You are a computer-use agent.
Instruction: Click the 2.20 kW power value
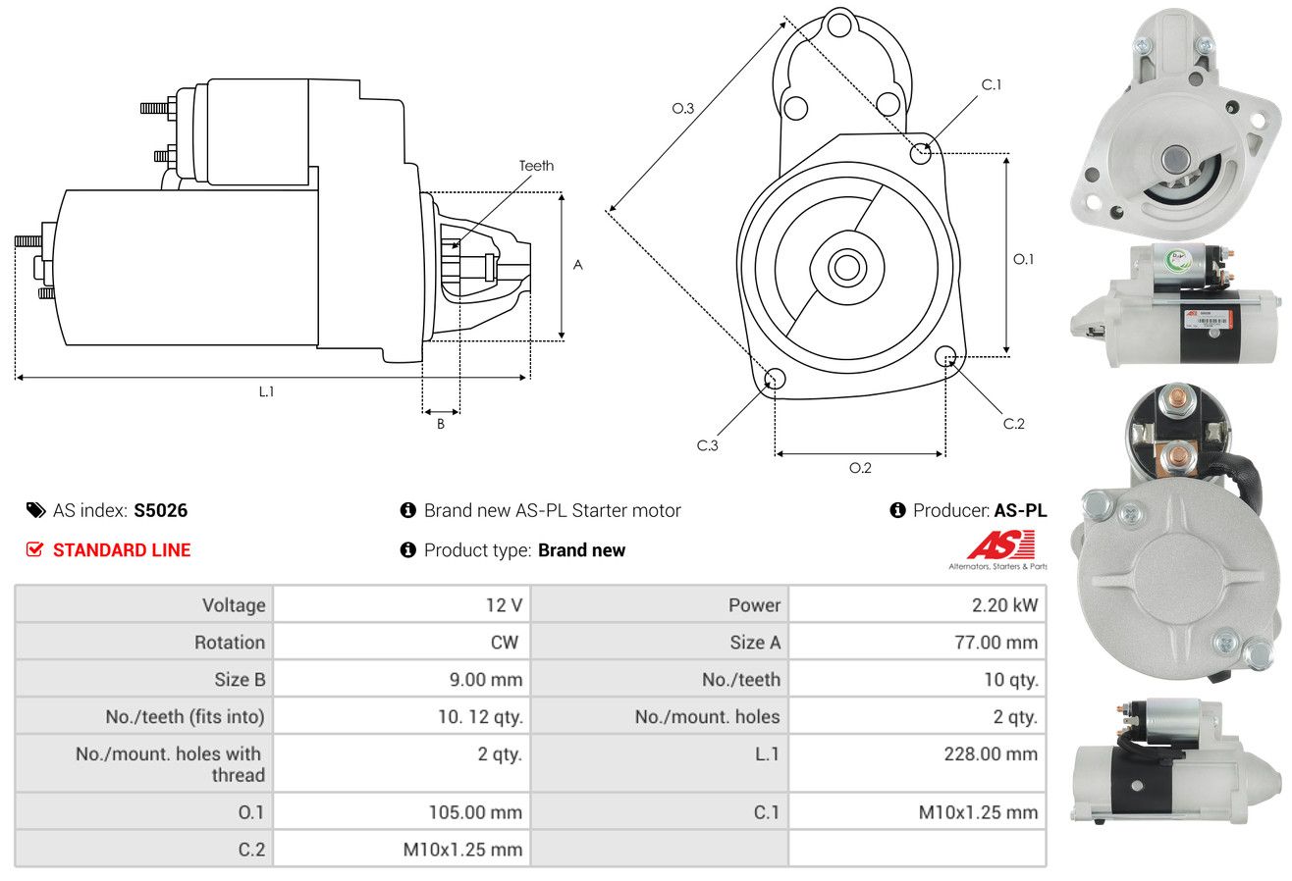(x=1004, y=605)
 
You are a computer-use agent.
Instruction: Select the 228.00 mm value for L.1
(x=991, y=753)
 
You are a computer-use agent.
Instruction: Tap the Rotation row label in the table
(x=230, y=642)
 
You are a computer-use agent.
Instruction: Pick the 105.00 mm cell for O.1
(x=475, y=812)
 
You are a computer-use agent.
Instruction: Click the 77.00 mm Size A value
(x=996, y=642)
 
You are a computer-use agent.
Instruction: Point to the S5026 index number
(x=160, y=510)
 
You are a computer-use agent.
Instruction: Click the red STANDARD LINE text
(x=122, y=550)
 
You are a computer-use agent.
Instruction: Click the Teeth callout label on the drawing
(x=536, y=166)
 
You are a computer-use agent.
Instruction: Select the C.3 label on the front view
(x=707, y=445)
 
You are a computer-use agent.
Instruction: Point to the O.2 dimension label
(x=860, y=468)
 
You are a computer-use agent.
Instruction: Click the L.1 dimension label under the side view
(x=266, y=391)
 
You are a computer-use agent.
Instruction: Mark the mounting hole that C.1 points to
(x=920, y=154)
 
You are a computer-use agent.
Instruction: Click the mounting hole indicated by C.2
(x=944, y=355)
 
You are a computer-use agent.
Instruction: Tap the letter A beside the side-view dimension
(x=577, y=265)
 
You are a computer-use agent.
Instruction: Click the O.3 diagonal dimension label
(x=683, y=108)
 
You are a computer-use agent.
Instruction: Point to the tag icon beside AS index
(x=35, y=510)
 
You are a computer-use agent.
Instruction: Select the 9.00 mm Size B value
(x=486, y=679)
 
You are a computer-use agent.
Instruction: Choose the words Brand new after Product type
(x=581, y=550)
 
